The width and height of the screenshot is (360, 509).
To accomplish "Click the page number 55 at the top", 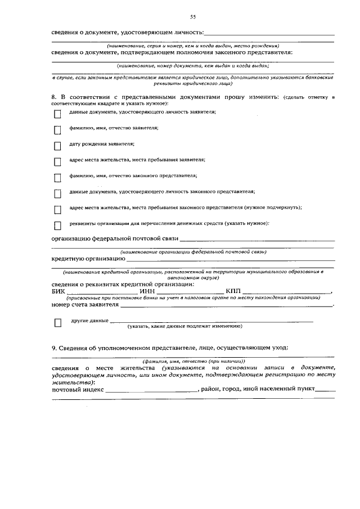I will [x=192, y=16].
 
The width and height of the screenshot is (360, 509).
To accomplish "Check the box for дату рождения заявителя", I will [x=57, y=146].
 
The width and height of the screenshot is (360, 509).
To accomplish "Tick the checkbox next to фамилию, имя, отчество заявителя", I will [x=57, y=130].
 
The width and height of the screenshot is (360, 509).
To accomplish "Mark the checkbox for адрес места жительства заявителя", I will [x=57, y=162].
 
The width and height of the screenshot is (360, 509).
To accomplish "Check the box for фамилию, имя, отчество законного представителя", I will [x=57, y=178].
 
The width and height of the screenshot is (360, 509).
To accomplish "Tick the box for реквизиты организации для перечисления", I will [x=57, y=226].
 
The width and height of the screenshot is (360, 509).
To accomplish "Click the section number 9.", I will [x=54, y=348].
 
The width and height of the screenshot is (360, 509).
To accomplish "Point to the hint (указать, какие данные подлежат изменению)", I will [x=184, y=326].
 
